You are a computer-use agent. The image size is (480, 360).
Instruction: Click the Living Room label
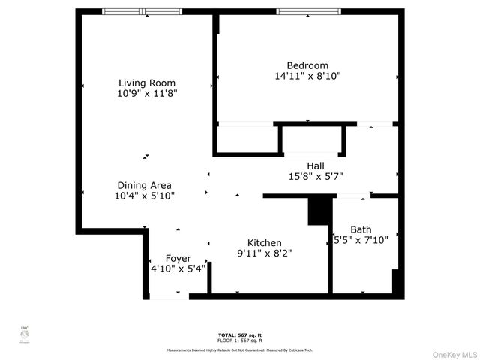[147, 82]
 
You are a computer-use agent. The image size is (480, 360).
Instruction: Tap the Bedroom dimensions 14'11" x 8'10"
[307, 76]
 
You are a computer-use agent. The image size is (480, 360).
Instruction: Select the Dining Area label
[144, 185]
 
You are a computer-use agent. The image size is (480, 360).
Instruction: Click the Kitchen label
[265, 242]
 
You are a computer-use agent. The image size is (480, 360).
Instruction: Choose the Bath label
[361, 229]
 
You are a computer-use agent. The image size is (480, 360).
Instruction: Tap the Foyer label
[178, 258]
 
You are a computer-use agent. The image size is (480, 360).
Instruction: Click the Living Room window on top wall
[142, 11]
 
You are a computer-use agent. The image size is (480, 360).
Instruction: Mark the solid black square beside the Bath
[319, 211]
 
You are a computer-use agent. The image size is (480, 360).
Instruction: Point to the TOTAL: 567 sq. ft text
[239, 334]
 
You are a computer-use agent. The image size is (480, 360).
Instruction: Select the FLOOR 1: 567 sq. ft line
[239, 340]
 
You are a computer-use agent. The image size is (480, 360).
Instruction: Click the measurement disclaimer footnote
[239, 349]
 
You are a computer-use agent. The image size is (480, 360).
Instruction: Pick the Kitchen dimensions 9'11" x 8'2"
[265, 253]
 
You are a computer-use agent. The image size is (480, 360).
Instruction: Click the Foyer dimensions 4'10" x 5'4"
[178, 269]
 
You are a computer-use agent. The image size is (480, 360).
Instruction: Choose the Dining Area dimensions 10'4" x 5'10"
[144, 196]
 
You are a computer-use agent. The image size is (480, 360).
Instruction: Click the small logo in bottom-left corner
[23, 335]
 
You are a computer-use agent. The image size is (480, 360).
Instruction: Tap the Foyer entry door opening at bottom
[169, 297]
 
